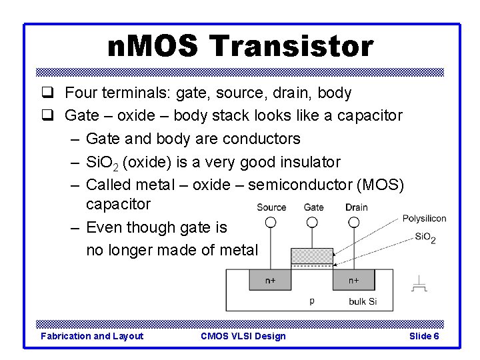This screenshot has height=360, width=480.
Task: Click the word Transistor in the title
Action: [x=291, y=47]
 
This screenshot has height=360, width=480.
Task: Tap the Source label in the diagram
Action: [x=271, y=207]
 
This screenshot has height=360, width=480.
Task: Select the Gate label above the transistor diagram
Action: [x=313, y=207]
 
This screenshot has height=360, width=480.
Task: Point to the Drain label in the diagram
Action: [x=357, y=207]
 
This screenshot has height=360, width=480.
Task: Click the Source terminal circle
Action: [x=271, y=222]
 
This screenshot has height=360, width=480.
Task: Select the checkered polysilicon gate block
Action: [x=312, y=256]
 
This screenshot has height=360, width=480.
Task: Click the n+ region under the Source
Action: [x=270, y=280]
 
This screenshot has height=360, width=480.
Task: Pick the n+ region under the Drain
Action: [x=354, y=280]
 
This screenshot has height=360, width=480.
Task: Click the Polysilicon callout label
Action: [x=424, y=219]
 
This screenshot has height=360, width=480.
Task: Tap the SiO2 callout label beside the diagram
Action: [x=425, y=237]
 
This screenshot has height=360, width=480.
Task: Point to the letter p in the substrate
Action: [x=312, y=301]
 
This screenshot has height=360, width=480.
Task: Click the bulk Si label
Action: [x=363, y=301]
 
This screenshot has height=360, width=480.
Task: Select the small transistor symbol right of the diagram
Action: [x=419, y=284]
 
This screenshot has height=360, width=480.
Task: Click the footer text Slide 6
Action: [x=423, y=336]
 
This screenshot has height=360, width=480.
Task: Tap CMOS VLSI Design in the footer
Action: [x=243, y=336]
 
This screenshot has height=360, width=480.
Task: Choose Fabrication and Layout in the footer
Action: [x=92, y=336]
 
